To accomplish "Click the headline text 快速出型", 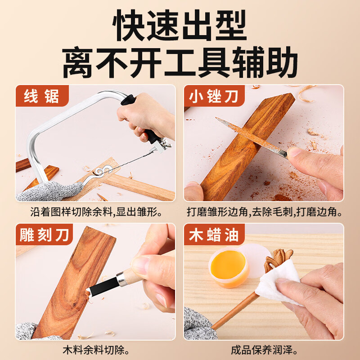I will [180, 26].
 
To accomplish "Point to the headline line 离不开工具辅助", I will [180, 63].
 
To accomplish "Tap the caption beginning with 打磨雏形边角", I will [264, 211].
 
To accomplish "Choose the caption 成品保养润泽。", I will [264, 349].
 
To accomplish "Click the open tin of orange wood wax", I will [229, 268].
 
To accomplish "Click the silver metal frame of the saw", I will [45, 130].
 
